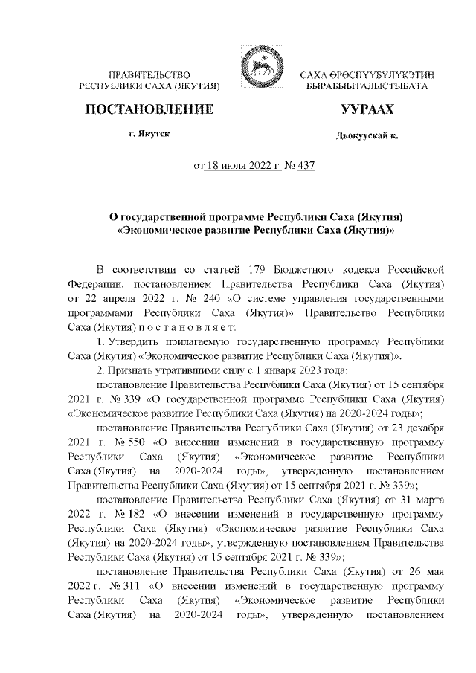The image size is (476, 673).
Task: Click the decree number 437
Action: pyautogui.click(x=306, y=164)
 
